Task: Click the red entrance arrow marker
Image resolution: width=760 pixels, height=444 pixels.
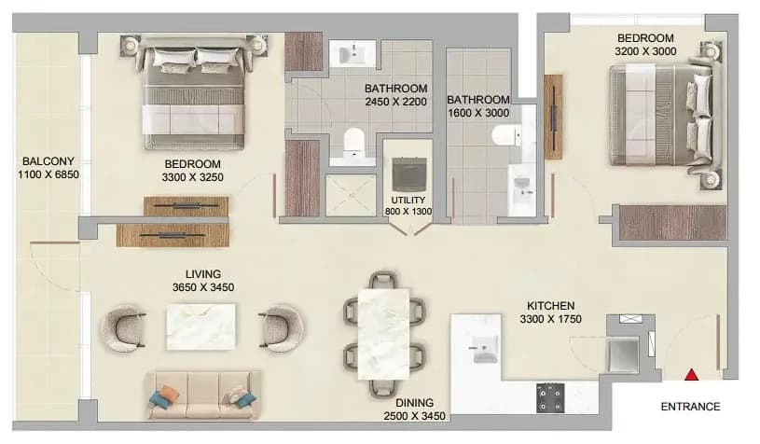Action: [692, 375]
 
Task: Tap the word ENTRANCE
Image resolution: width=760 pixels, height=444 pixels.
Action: [690, 407]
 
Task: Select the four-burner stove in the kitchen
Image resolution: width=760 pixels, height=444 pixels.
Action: [550, 398]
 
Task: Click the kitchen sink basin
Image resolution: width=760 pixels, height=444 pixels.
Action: [485, 349]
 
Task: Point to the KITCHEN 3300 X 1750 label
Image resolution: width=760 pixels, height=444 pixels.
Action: [550, 312]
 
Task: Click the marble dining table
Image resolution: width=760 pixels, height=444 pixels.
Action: [384, 334]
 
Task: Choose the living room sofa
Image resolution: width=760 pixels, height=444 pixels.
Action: [203, 395]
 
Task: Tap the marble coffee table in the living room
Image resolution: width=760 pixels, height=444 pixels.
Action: [200, 326]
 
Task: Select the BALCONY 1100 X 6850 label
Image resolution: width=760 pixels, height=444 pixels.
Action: [48, 168]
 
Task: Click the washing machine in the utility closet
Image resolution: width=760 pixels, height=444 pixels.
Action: [409, 173]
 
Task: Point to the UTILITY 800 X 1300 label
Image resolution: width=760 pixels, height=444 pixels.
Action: [408, 205]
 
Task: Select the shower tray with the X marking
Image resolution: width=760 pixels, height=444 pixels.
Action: [351, 195]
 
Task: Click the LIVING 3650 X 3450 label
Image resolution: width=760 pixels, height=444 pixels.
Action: [203, 281]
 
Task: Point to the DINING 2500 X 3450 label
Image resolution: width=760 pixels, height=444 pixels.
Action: [414, 409]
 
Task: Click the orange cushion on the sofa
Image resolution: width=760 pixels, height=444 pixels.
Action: [169, 392]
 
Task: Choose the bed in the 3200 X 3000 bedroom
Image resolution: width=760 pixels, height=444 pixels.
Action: [665, 116]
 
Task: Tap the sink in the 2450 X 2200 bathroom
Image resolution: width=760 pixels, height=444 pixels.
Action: [353, 52]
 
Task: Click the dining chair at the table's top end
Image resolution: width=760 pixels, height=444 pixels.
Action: [384, 280]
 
